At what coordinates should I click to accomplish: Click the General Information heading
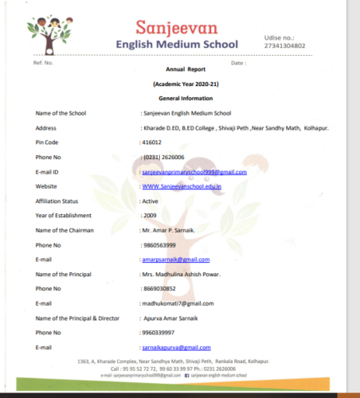179,98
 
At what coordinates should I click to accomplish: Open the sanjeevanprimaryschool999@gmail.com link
194,172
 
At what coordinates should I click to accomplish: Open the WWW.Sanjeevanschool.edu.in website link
181,186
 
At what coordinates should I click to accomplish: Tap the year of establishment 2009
149,216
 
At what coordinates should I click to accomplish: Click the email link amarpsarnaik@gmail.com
170,259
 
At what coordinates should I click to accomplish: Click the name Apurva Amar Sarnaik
178,318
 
